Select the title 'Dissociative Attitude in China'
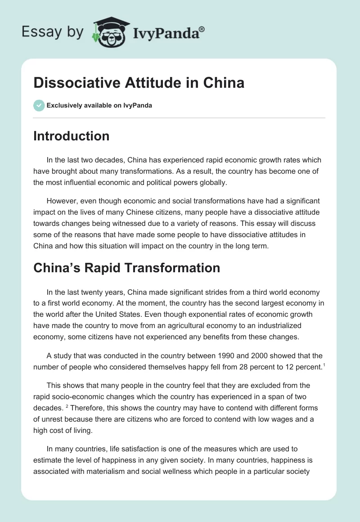pyautogui.click(x=139, y=83)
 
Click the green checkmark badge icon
pyautogui.click(x=39, y=105)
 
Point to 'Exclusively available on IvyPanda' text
pyautogui.click(x=99, y=106)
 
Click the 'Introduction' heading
pyautogui.click(x=71, y=136)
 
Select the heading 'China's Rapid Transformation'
pyautogui.click(x=126, y=268)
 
